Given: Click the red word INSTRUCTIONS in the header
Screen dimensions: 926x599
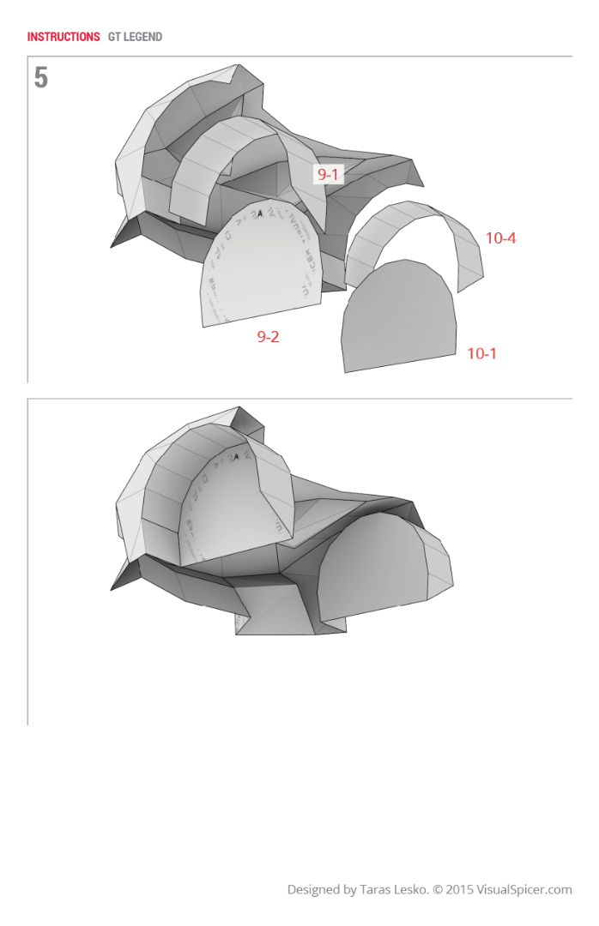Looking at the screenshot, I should tap(64, 37).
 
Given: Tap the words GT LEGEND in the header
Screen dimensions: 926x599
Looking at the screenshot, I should tap(135, 37).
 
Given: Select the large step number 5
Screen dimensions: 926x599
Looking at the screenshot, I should tap(41, 79).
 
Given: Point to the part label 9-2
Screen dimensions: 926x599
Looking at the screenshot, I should tap(268, 337).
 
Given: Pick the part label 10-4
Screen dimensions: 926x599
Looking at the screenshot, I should tap(500, 238).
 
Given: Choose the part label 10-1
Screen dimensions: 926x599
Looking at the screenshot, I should tap(481, 353).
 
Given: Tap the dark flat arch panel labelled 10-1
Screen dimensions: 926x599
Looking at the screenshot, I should tap(399, 317).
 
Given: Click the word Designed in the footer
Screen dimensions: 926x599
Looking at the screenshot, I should tap(314, 890).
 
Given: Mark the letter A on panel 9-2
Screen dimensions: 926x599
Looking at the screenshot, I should tap(259, 213).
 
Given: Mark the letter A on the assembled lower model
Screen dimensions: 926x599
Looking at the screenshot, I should tap(236, 457).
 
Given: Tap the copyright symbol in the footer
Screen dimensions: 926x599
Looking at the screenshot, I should tap(438, 890).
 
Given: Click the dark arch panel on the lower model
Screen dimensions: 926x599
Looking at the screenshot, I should tap(373, 566).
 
